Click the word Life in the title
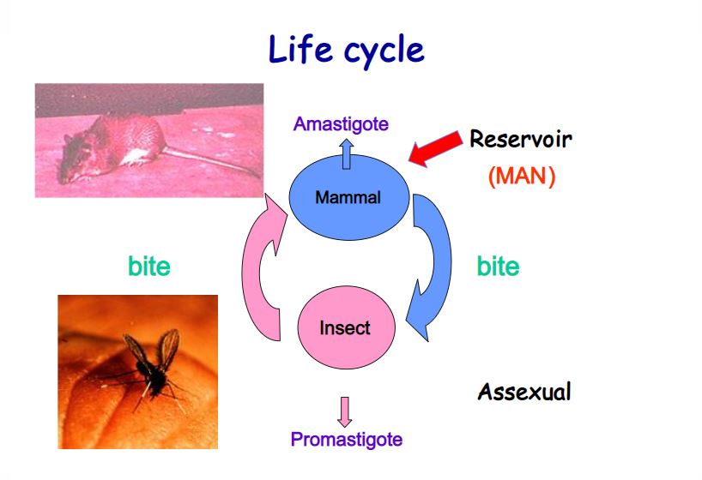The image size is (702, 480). [x=300, y=49]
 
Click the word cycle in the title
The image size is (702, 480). [x=384, y=51]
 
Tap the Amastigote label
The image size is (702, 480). [x=341, y=124]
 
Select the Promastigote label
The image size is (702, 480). [x=347, y=440]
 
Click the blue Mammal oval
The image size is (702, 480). [x=348, y=197]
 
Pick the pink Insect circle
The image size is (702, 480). [x=346, y=327]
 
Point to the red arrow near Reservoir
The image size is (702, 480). [x=435, y=148]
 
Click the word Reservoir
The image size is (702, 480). [x=521, y=139]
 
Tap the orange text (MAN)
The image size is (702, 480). [x=522, y=176]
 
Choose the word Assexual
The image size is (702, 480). [x=524, y=393]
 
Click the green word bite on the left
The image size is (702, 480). [x=149, y=267]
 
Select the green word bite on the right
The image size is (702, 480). [x=498, y=267]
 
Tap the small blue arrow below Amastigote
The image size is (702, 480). [x=346, y=154]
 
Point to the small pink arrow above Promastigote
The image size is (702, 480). [x=344, y=412]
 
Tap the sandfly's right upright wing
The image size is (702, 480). [x=169, y=348]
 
